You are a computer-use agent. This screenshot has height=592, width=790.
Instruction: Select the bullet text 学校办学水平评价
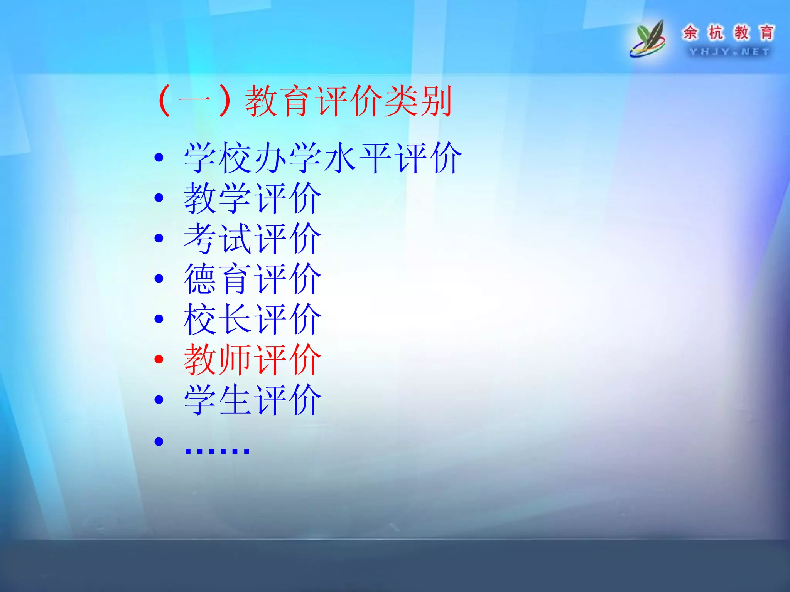(x=322, y=158)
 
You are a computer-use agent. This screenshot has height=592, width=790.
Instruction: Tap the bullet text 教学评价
(x=253, y=198)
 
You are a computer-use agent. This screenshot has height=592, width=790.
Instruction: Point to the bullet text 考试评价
(x=253, y=239)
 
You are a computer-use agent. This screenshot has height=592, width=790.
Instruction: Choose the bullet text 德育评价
(x=253, y=279)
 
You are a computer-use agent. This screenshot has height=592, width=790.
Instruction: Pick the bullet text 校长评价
(x=253, y=319)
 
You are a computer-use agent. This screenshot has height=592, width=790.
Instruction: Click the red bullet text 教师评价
(x=253, y=360)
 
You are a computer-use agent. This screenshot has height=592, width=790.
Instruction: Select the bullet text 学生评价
(x=253, y=400)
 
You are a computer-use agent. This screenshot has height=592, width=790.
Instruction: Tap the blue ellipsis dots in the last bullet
(x=217, y=449)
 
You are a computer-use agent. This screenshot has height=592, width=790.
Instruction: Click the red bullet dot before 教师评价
(x=159, y=359)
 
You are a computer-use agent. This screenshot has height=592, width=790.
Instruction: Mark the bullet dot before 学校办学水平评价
(x=159, y=157)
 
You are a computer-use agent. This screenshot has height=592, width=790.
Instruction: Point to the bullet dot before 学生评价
(x=159, y=400)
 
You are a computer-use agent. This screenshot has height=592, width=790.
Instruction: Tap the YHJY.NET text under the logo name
(x=729, y=52)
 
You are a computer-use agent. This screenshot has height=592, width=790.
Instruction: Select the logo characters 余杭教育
(x=728, y=32)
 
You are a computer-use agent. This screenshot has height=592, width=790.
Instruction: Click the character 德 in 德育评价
(x=200, y=279)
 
